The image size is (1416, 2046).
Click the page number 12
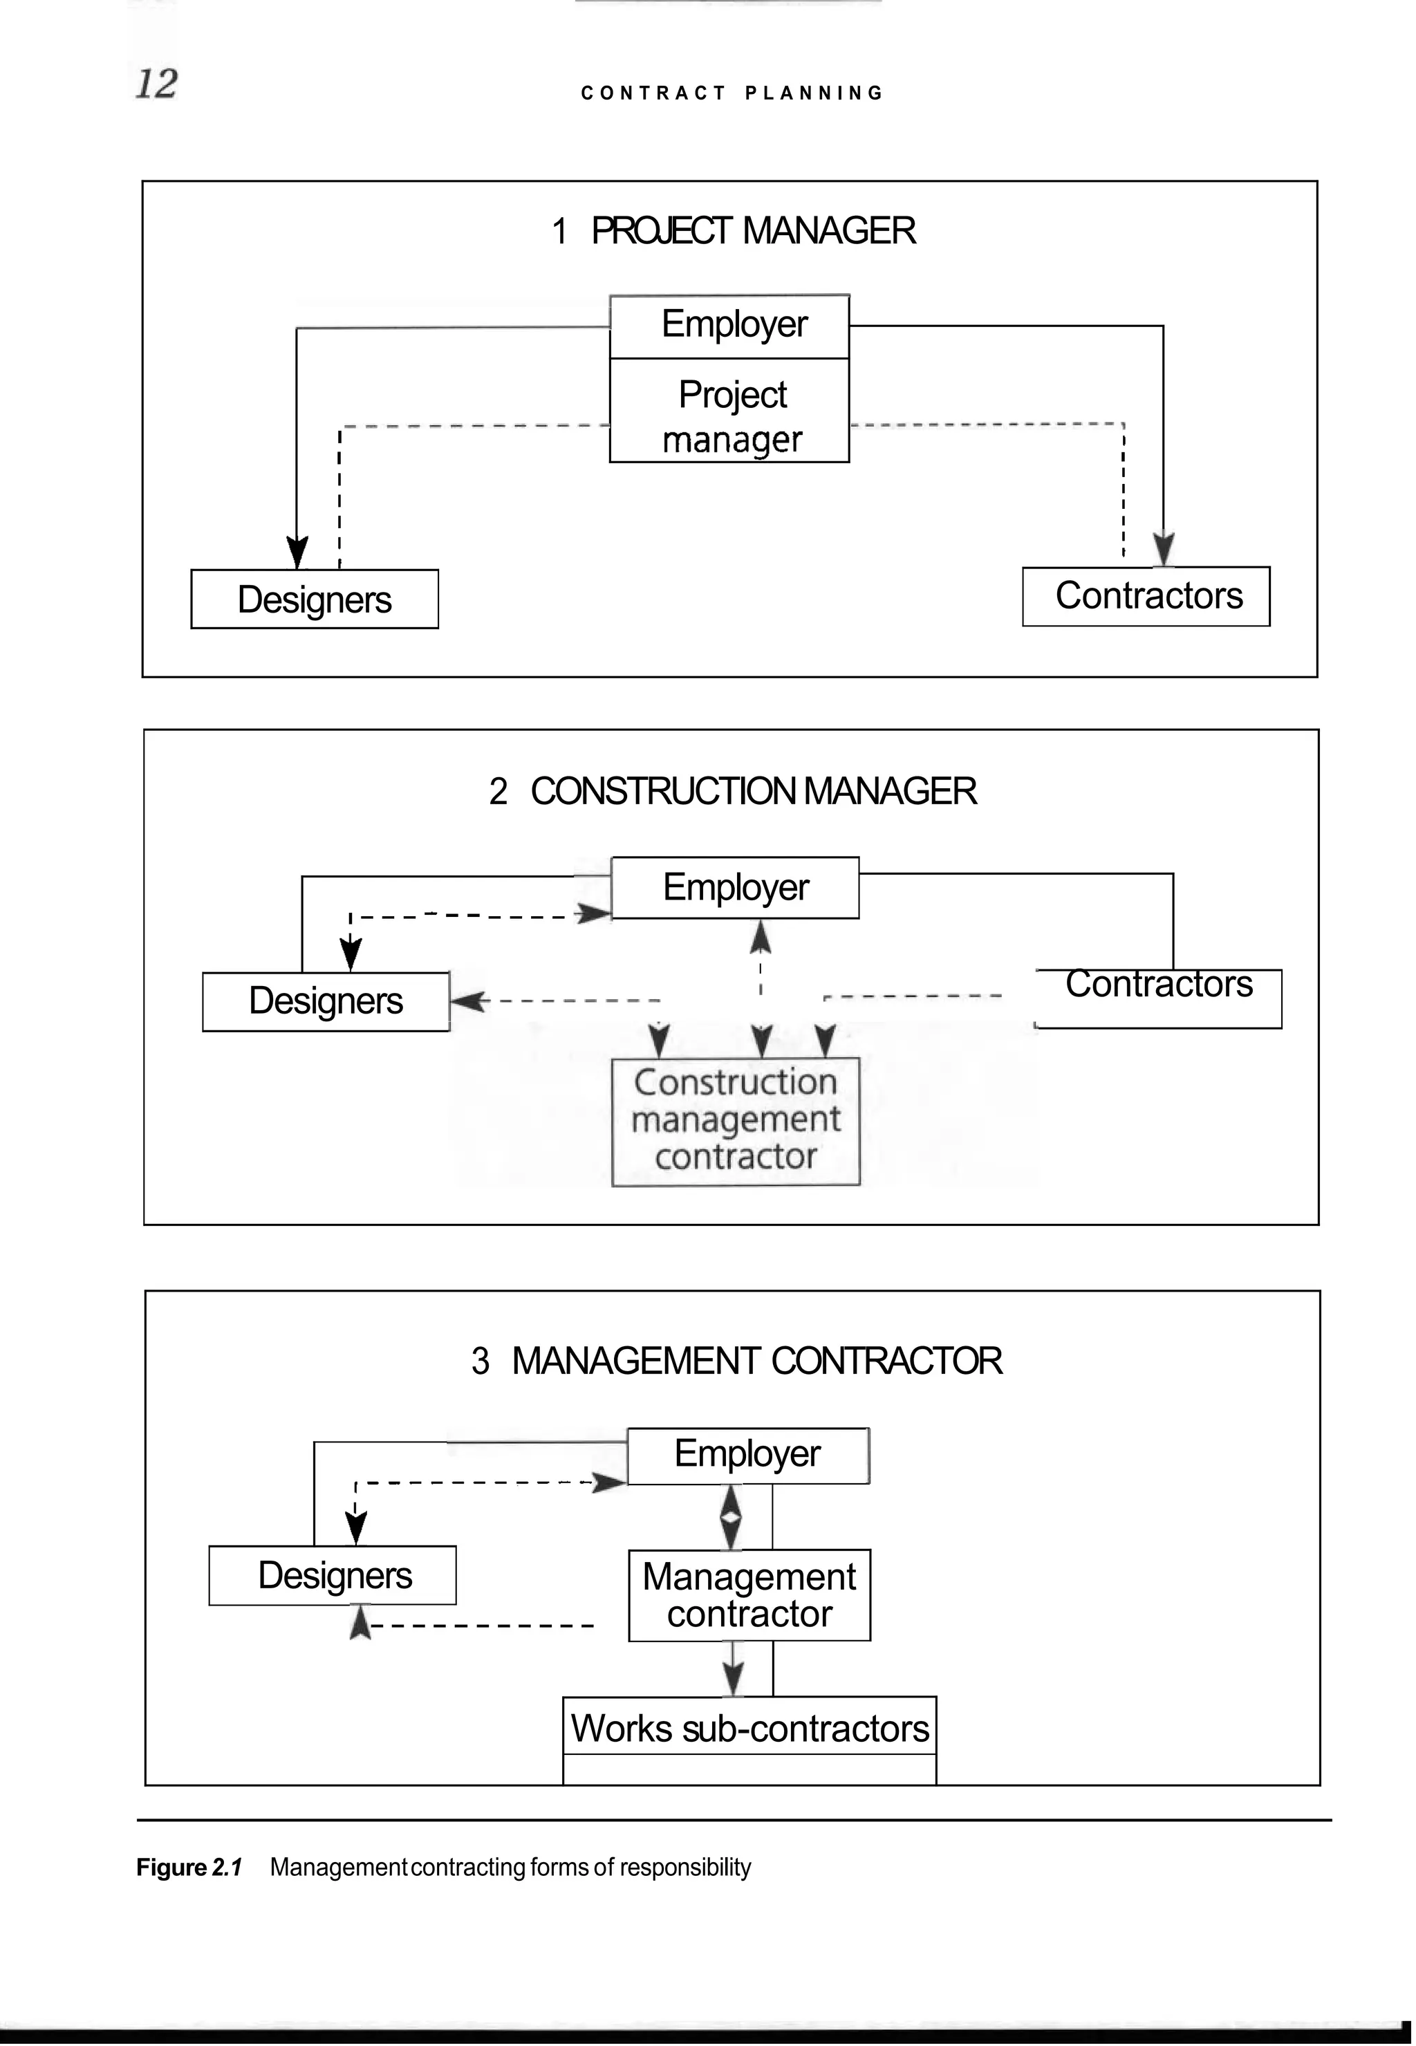(156, 84)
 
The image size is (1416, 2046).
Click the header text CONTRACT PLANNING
(732, 93)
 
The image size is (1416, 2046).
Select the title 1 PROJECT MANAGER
(733, 231)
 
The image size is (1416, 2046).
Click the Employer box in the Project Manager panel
(729, 326)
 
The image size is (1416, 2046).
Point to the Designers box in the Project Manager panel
(314, 599)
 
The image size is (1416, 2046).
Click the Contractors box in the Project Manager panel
(1146, 596)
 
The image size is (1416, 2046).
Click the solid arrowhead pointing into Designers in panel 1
(297, 552)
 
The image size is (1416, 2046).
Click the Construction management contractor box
(736, 1121)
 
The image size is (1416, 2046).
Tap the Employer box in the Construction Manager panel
(734, 887)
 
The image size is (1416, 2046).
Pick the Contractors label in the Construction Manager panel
(1158, 985)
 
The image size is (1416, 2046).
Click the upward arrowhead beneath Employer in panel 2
(761, 937)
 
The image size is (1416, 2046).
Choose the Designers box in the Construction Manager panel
(326, 1002)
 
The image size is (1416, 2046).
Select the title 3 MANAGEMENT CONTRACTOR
(736, 1361)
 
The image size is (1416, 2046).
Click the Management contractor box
(749, 1595)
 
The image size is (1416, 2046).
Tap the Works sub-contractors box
(749, 1729)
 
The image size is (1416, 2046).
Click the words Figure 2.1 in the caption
(189, 1867)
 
